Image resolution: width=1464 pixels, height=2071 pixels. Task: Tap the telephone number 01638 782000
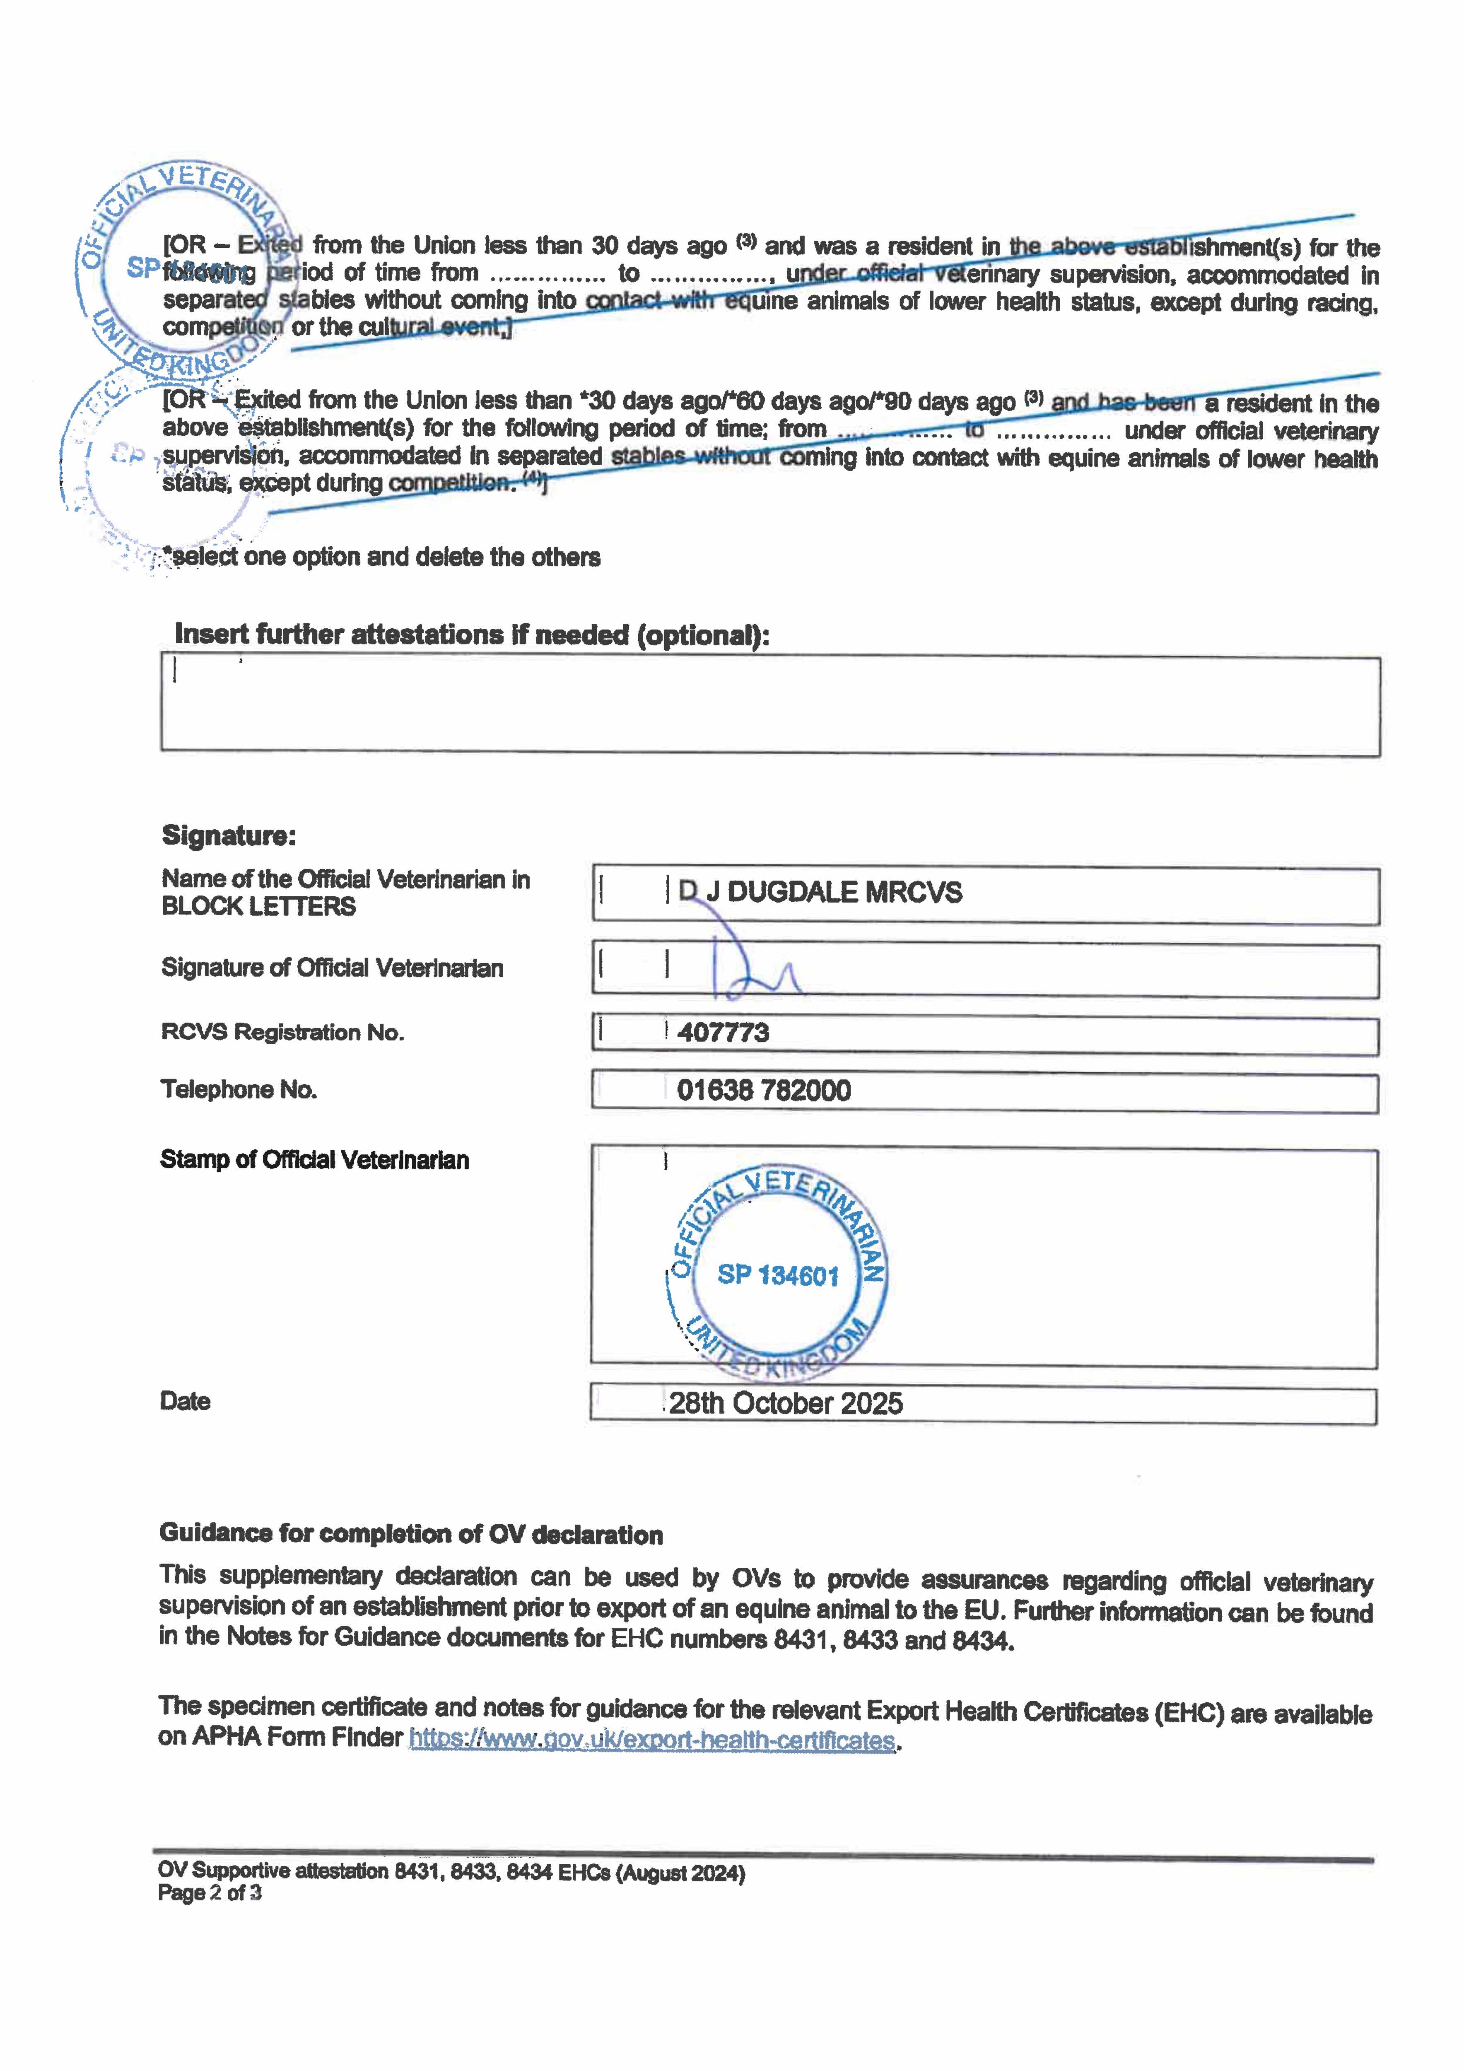tap(763, 1091)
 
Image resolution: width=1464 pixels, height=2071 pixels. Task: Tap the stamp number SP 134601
tap(777, 1275)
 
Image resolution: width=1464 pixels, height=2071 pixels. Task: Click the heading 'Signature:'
tap(228, 835)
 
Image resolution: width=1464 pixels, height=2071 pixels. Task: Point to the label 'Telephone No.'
tap(239, 1090)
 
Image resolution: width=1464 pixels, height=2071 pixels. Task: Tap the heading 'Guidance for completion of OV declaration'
tap(410, 1534)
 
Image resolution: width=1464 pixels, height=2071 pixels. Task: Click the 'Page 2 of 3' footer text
tap(209, 1893)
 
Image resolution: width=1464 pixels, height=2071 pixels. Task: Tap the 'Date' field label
tap(185, 1401)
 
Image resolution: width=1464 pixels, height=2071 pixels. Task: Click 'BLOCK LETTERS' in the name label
tap(259, 907)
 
